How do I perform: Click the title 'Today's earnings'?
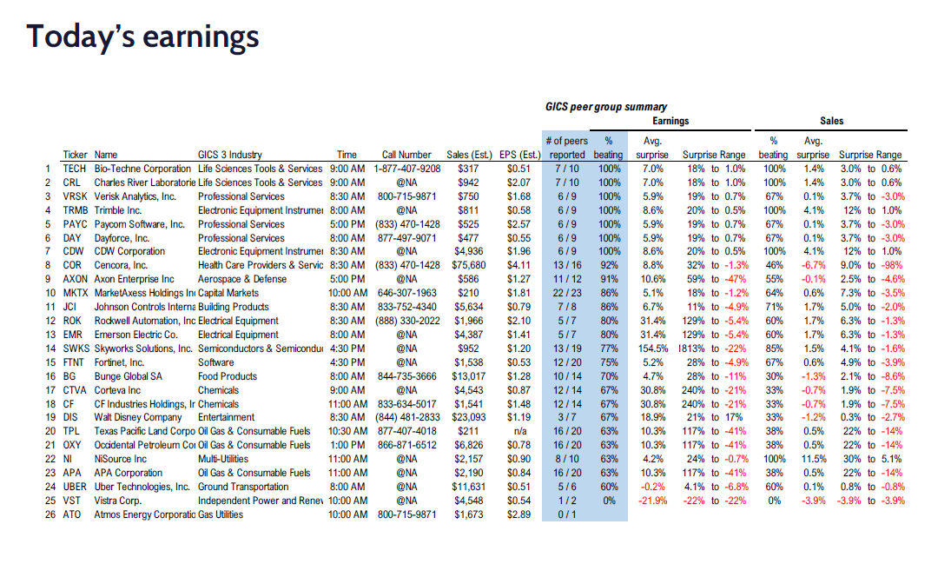142,36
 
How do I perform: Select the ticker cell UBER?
75,487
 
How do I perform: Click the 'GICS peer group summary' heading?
606,107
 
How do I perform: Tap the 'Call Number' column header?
406,155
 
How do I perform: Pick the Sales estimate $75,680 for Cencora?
468,265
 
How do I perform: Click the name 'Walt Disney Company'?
138,417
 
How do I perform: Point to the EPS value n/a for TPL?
519,431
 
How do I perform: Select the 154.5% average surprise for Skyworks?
652,348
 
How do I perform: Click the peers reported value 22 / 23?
567,293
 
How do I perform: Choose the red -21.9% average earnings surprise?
652,501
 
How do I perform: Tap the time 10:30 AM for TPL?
347,431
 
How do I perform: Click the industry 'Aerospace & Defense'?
242,279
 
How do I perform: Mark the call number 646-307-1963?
407,293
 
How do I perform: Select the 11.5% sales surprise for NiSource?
813,459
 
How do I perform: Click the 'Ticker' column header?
75,155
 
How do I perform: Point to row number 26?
50,514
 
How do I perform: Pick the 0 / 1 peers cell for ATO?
567,514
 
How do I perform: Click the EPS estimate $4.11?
518,265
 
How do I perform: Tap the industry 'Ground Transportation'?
243,487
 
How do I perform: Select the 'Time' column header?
347,155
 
